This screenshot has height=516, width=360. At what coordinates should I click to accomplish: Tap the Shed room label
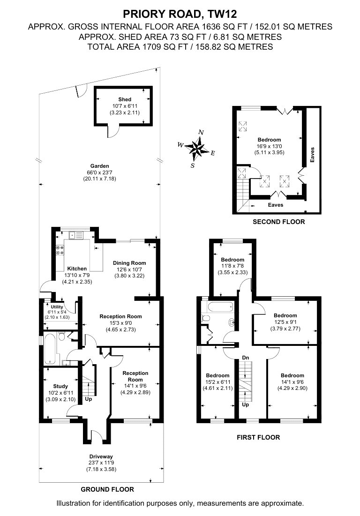125,99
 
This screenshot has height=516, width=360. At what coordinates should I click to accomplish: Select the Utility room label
57,307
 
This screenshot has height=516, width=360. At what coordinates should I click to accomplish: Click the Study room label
60,386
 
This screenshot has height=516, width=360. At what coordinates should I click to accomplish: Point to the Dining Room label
129,263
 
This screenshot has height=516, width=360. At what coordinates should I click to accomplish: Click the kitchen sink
76,235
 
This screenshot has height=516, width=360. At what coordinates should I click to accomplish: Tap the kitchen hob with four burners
60,250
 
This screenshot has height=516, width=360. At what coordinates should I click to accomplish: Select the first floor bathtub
220,307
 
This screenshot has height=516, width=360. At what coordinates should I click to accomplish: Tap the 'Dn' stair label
246,358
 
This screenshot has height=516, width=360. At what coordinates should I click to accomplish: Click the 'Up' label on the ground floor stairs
89,399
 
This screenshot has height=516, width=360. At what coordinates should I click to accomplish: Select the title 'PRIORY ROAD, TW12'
180,14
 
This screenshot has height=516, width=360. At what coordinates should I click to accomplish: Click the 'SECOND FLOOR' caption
279,222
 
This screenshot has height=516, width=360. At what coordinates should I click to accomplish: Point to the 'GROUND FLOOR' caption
107,489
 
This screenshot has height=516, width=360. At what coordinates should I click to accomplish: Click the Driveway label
101,456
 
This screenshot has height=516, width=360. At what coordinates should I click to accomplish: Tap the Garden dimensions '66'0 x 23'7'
100,172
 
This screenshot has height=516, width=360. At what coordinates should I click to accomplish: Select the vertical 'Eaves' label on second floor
312,155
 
